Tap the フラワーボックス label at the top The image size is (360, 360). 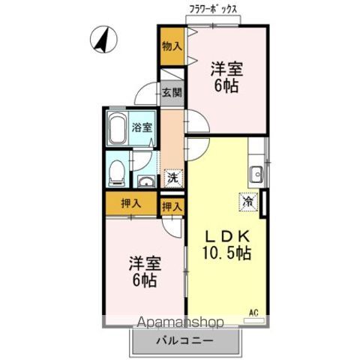(x=214, y=10)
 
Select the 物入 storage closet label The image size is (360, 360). (x=171, y=46)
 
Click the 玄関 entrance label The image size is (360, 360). (x=171, y=94)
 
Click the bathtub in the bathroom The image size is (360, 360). (x=117, y=131)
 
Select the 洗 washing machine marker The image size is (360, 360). (x=172, y=178)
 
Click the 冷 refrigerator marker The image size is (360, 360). (x=247, y=200)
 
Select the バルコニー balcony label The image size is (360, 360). (x=184, y=340)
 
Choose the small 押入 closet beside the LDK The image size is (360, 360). (x=172, y=206)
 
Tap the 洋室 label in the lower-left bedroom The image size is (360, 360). (x=142, y=265)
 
